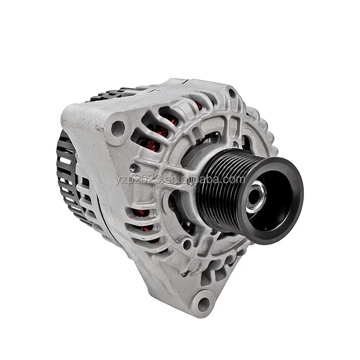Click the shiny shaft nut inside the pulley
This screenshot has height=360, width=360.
256,198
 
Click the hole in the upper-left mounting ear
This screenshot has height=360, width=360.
118,129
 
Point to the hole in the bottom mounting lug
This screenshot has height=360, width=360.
204,303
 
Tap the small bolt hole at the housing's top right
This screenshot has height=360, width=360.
232,93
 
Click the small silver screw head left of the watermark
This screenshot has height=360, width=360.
132,168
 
